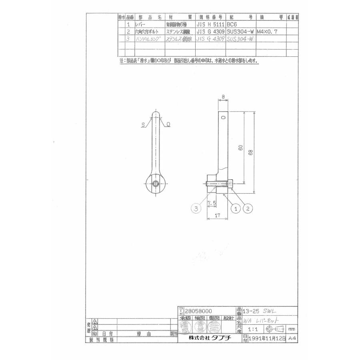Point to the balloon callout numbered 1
[x=236, y=209]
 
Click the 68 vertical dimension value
[x=250, y=153]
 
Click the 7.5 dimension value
[x=212, y=204]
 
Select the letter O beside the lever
[x=168, y=125]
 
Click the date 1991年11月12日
[x=267, y=338]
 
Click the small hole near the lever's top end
[x=223, y=117]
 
